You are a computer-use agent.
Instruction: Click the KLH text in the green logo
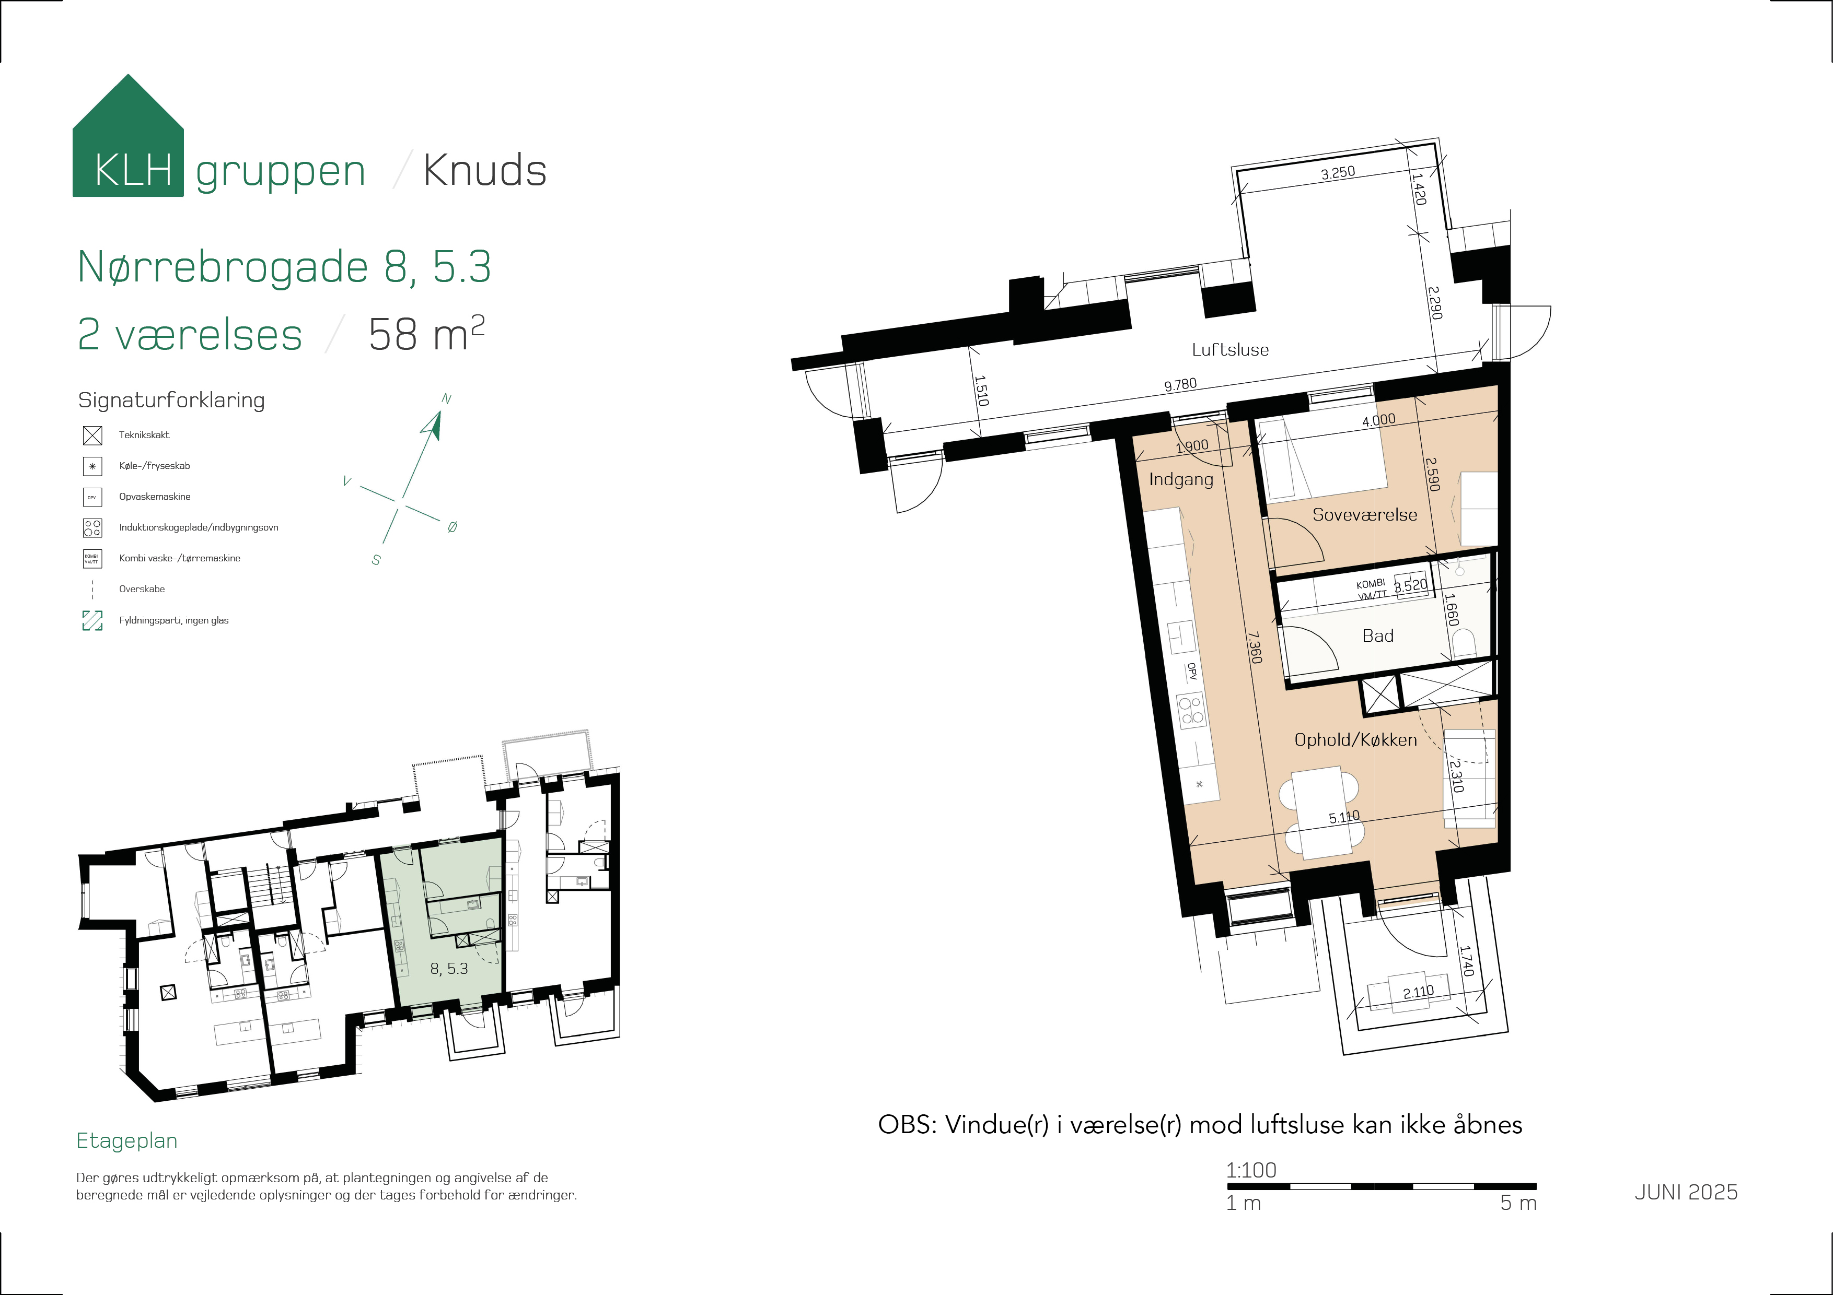pyautogui.click(x=133, y=170)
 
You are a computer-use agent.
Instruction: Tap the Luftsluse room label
pyautogui.click(x=1230, y=349)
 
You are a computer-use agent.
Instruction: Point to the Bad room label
pyautogui.click(x=1378, y=636)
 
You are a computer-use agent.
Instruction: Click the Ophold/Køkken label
pyautogui.click(x=1355, y=739)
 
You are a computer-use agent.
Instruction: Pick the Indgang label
pyautogui.click(x=1181, y=479)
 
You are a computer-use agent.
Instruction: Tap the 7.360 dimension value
pyautogui.click(x=1255, y=648)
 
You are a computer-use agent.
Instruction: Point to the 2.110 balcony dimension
pyautogui.click(x=1419, y=992)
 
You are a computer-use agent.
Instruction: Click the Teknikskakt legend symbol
pyautogui.click(x=92, y=435)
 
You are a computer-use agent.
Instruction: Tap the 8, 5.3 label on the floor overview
pyautogui.click(x=449, y=969)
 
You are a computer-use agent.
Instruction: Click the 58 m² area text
pyautogui.click(x=426, y=334)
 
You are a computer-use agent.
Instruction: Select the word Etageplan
pyautogui.click(x=127, y=1141)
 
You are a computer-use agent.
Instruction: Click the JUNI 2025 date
pyautogui.click(x=1686, y=1192)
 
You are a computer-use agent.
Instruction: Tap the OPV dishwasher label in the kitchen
pyautogui.click(x=1191, y=672)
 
